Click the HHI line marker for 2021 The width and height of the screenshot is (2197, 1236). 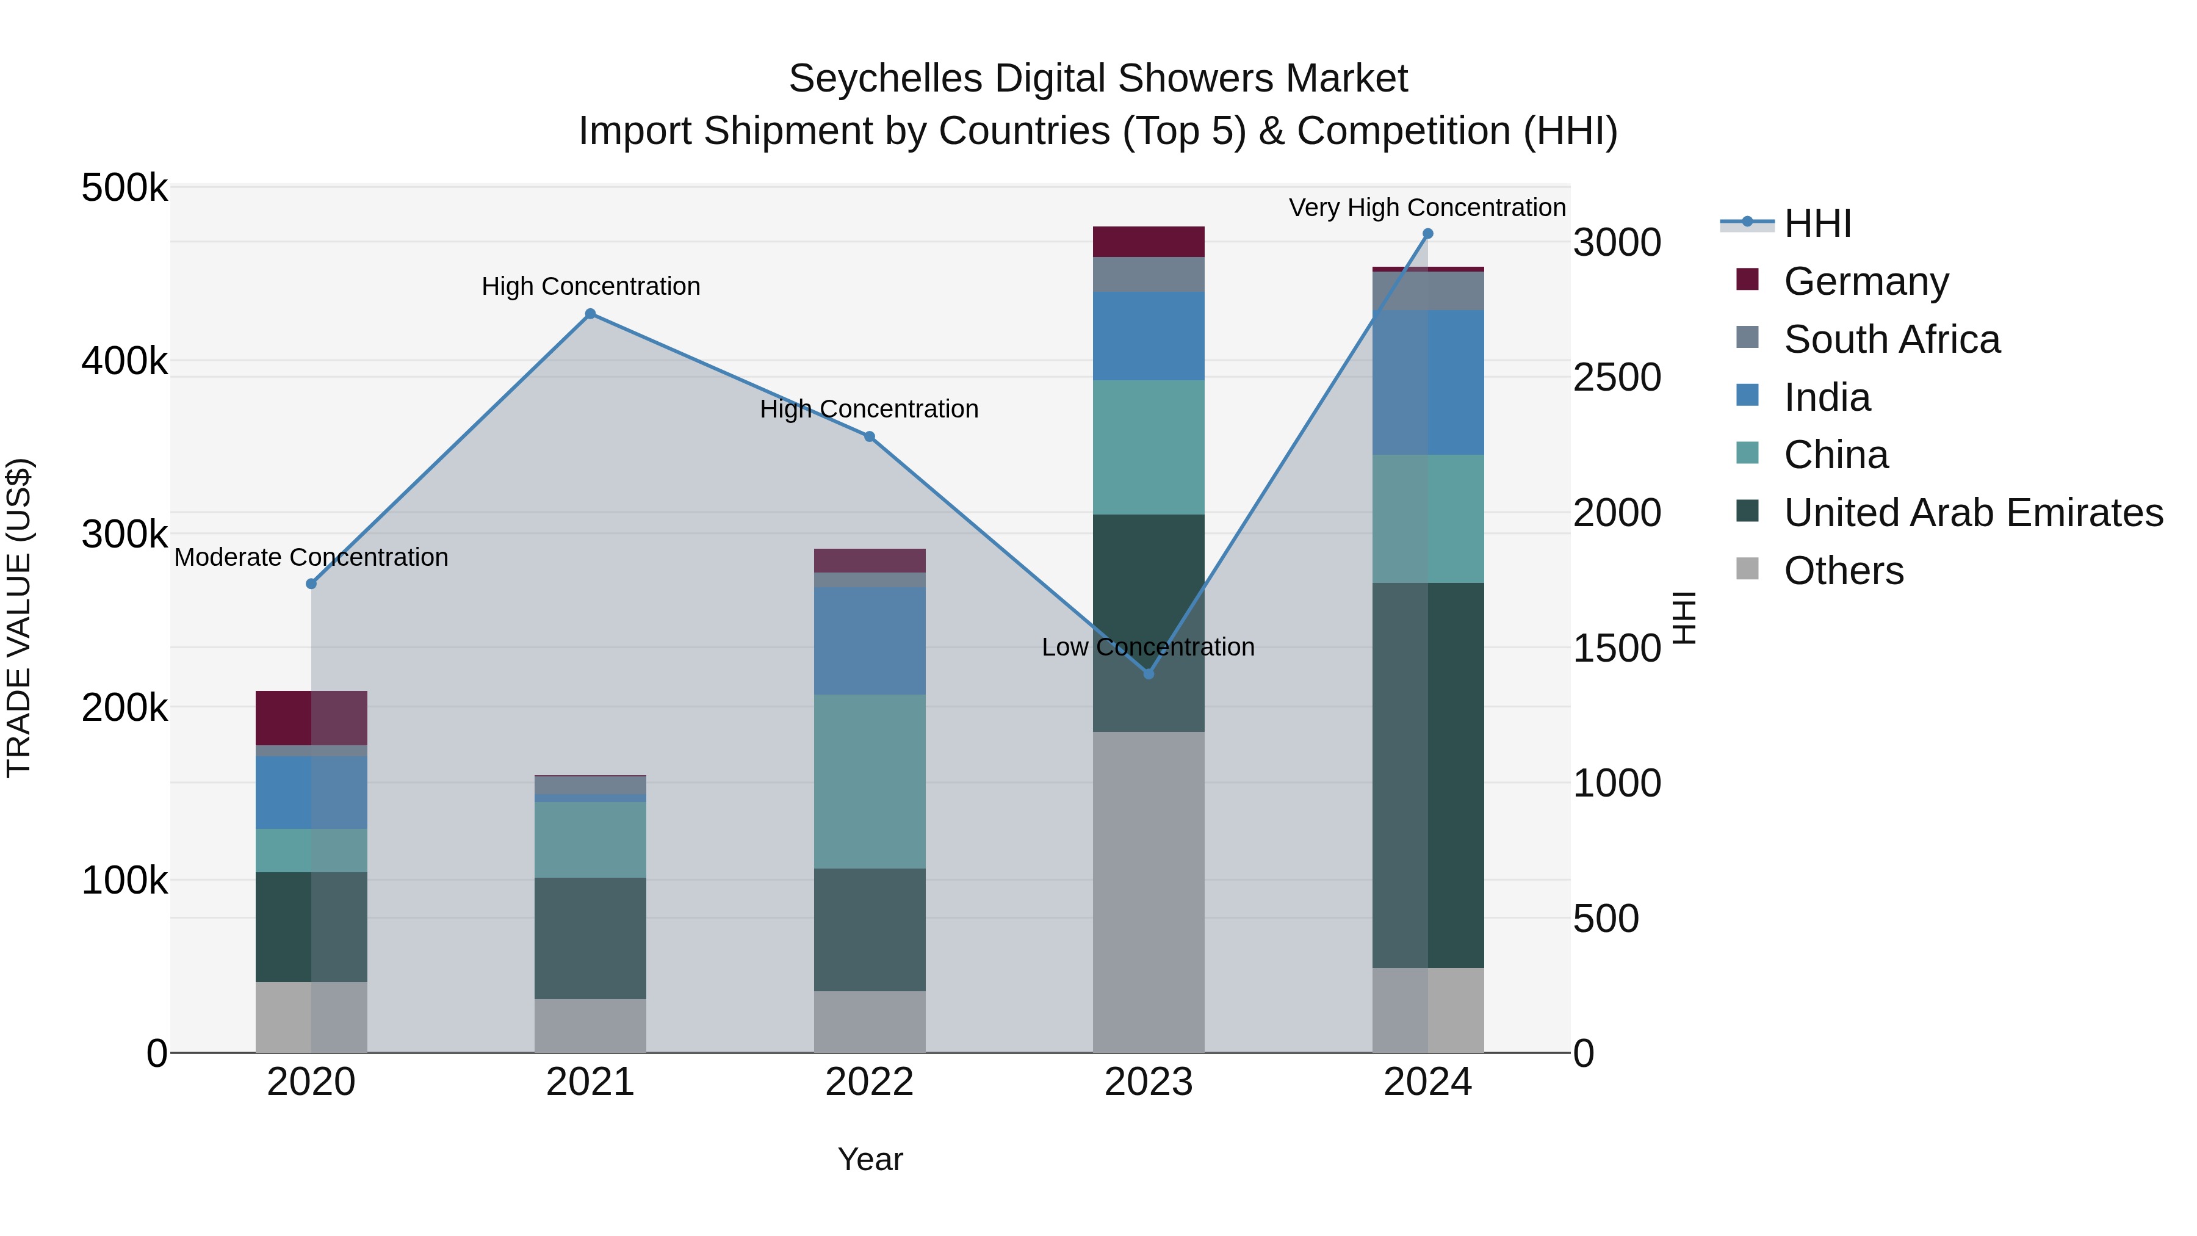pos(590,314)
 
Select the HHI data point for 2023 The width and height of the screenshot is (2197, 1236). pos(1148,674)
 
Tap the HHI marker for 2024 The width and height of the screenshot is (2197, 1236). pos(1427,234)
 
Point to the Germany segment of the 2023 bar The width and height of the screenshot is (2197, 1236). pos(1148,241)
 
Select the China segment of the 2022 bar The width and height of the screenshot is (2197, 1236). pos(869,781)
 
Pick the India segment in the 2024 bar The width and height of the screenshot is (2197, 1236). pos(1427,382)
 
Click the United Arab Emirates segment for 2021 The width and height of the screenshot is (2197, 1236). pos(590,938)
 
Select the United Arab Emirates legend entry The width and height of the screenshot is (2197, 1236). pos(1972,513)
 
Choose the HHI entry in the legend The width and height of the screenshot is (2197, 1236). pos(1817,223)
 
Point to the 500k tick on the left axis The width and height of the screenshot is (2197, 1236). pos(124,187)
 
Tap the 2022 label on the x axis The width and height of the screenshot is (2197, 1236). pos(869,1082)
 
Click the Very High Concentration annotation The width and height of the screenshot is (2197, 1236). pos(1426,208)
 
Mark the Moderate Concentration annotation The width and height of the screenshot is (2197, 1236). pos(311,557)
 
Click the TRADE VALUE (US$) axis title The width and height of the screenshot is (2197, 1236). pos(19,618)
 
